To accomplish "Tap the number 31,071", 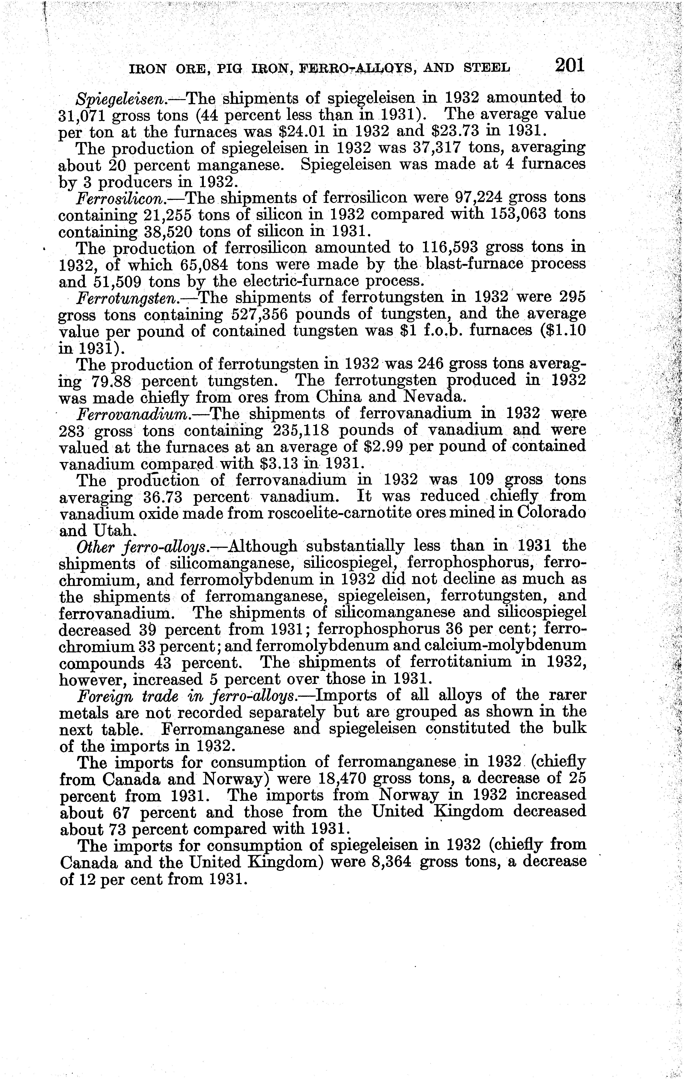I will [82, 115].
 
